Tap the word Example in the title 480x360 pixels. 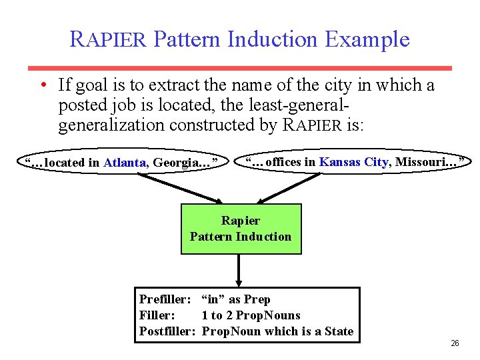(367, 39)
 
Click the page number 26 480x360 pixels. (455, 343)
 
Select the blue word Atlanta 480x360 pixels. (125, 163)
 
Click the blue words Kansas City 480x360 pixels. (354, 162)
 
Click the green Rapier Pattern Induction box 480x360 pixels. (241, 229)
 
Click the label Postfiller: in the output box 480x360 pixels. (167, 331)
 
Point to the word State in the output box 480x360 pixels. (338, 331)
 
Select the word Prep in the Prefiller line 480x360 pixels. (257, 299)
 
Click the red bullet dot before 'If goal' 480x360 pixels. (42, 86)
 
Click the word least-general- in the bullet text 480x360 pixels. (299, 105)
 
